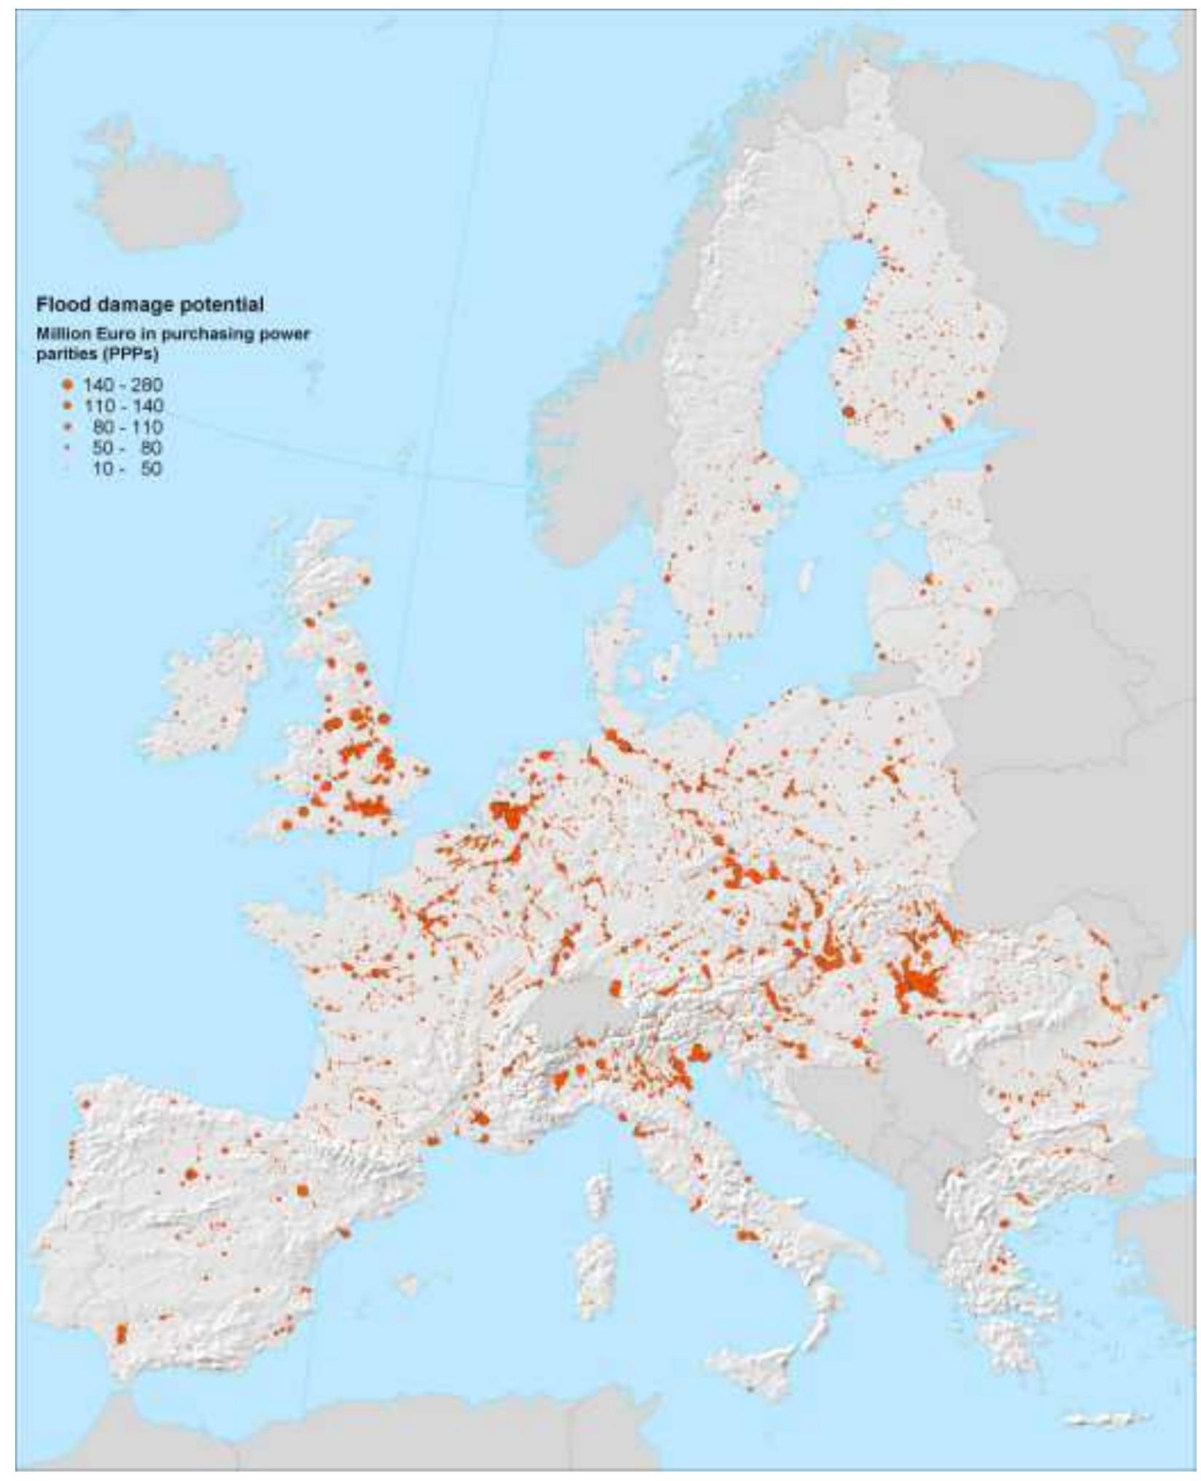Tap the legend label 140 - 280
tap(122, 384)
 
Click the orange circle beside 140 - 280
tap(69, 384)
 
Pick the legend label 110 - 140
tap(122, 405)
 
